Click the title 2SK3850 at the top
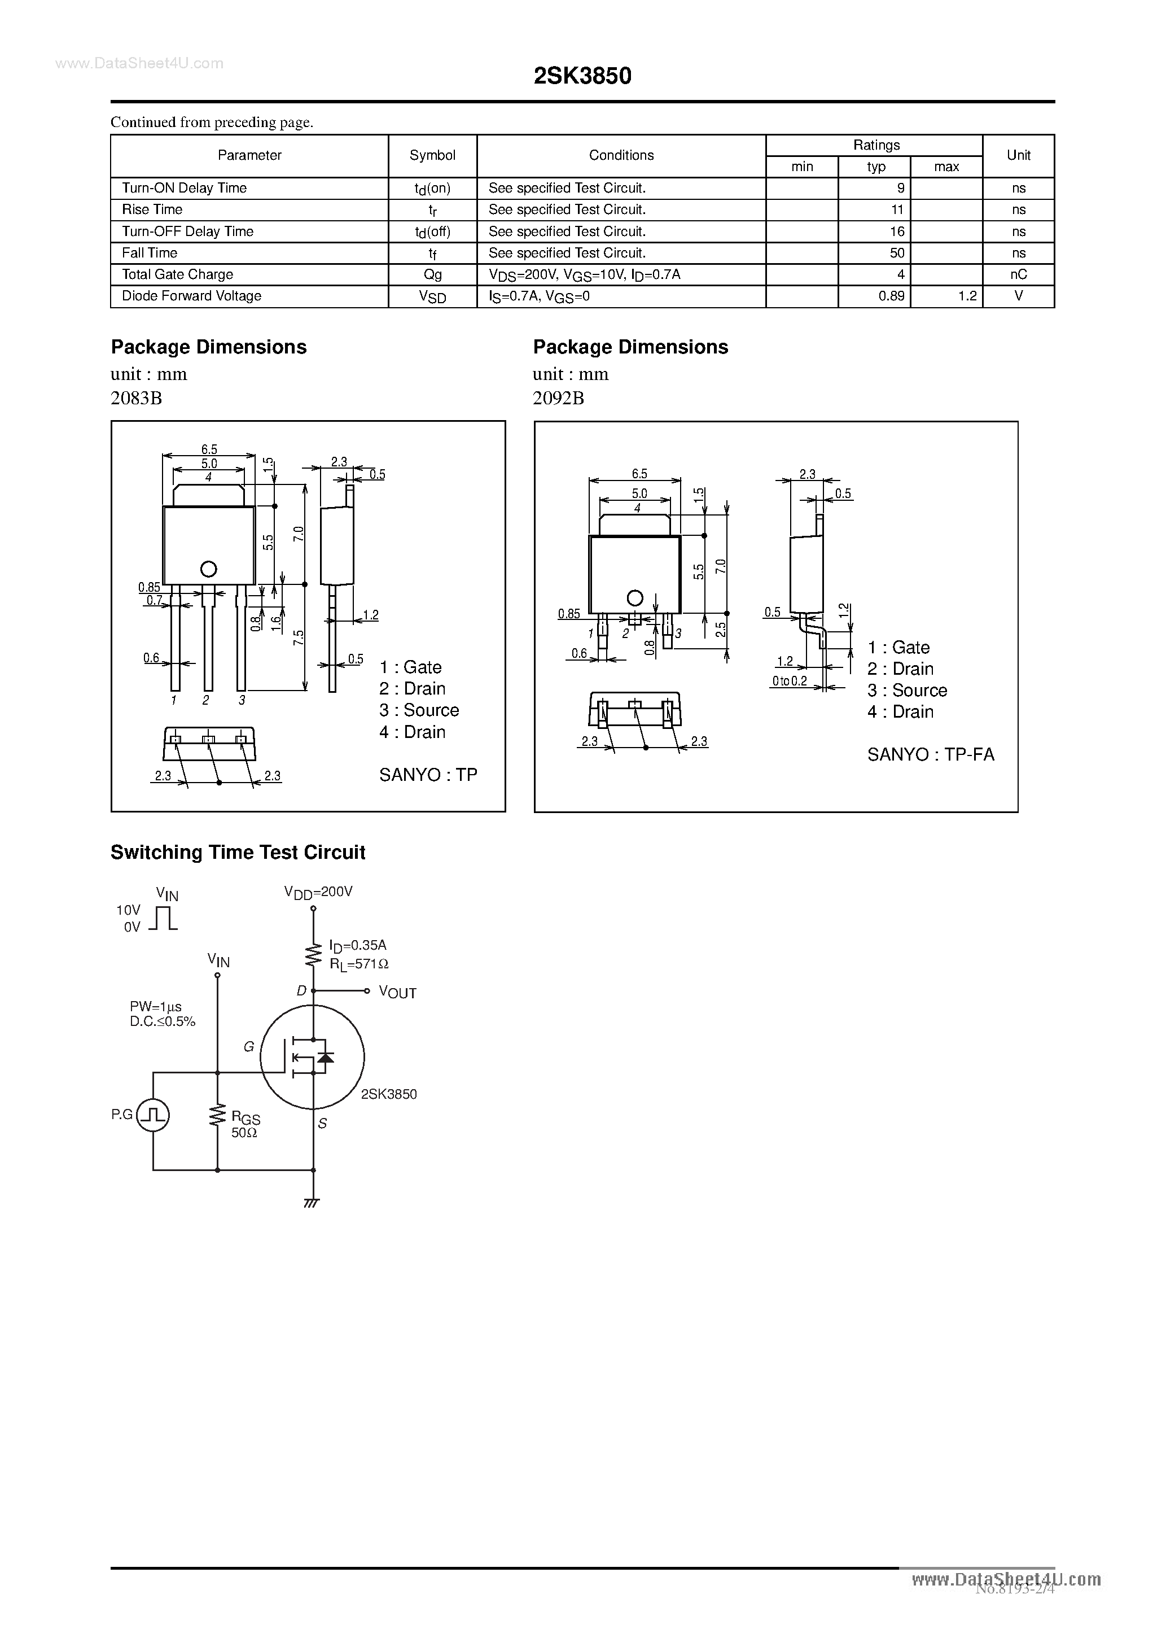582,76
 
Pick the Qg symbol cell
433,274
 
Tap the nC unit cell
1018,274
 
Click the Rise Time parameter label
152,210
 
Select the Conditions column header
621,155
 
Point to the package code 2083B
136,398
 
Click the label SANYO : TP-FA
930,754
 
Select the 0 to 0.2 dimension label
790,681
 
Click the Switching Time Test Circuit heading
238,852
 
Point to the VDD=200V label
318,892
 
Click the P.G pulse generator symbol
153,1115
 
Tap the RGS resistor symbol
217,1115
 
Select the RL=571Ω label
359,964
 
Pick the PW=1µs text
155,1007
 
